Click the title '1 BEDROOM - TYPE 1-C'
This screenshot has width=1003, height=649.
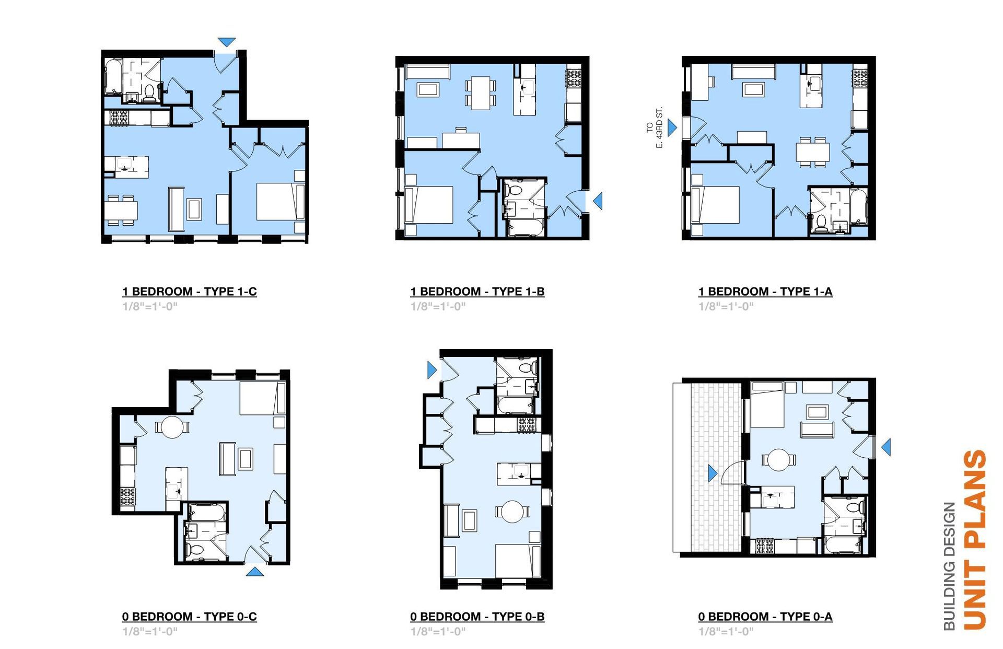(190, 292)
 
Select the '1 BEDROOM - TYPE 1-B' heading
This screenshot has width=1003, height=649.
(477, 292)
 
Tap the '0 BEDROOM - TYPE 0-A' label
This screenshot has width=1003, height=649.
(765, 617)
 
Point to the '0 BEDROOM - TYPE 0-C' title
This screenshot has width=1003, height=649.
(190, 617)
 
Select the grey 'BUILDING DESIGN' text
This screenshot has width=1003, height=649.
(949, 566)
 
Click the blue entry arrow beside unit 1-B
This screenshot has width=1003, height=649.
(598, 201)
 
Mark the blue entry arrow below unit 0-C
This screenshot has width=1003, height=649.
(254, 572)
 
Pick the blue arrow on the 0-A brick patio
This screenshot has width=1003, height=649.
(713, 473)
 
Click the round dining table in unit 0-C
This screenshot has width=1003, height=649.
(172, 427)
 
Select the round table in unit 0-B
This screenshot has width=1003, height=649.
(512, 512)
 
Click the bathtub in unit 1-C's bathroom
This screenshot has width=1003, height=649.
(113, 77)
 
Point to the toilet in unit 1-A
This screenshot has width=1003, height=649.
(821, 223)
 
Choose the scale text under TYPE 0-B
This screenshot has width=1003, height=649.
(438, 631)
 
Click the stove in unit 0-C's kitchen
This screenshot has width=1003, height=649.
(127, 497)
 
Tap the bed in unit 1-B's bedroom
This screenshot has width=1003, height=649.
(429, 205)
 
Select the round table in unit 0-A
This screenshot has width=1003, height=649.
(779, 460)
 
